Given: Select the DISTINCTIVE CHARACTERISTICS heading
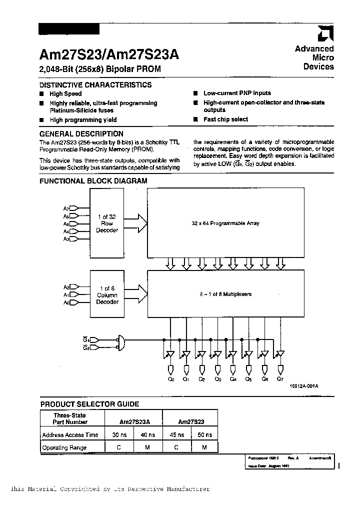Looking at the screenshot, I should coord(95,85).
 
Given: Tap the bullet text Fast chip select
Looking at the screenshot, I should coord(225,119).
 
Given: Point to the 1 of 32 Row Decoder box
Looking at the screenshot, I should coord(107,223).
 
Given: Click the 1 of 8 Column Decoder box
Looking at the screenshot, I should coord(107,295).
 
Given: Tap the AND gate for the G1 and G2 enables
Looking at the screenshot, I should coord(120,342).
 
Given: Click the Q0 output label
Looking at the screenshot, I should coord(170,379).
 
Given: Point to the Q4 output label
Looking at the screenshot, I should coord(233,379).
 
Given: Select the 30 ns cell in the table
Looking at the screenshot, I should coord(118,435).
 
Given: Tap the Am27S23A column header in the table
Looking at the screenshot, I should coord(133,422).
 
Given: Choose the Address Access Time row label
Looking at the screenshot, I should coord(70,435).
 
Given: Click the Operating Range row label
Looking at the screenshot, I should coord(64,448).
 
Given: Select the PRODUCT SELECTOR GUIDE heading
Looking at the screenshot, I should coord(89,404).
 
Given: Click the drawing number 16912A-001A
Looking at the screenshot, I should coord(303,386).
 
